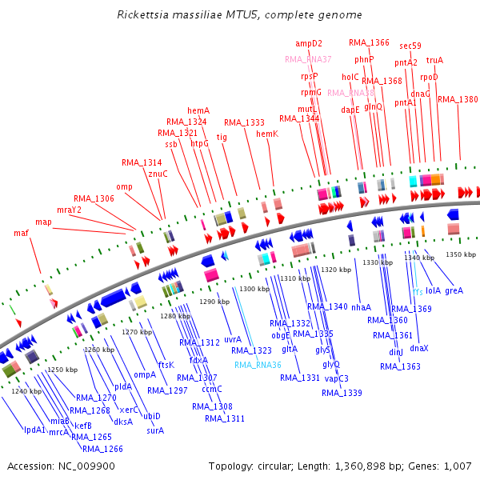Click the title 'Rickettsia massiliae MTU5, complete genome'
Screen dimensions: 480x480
pos(239,14)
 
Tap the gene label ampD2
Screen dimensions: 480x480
pos(309,43)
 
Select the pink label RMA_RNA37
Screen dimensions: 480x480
pos(308,59)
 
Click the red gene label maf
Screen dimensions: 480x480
pos(22,233)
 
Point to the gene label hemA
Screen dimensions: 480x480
pos(198,110)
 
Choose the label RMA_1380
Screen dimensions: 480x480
pos(458,99)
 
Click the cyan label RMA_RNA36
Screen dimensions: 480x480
pos(258,365)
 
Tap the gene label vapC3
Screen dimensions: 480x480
pos(336,378)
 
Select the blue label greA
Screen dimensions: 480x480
pos(454,290)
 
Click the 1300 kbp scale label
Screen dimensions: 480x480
pos(254,289)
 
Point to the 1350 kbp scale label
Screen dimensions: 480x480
pos(460,254)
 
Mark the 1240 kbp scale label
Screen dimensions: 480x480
pos(26,391)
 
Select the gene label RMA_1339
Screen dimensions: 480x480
pos(342,393)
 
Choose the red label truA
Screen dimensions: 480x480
pos(434,60)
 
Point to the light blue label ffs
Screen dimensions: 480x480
pos(418,291)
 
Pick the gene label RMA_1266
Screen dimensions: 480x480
pos(102,449)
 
